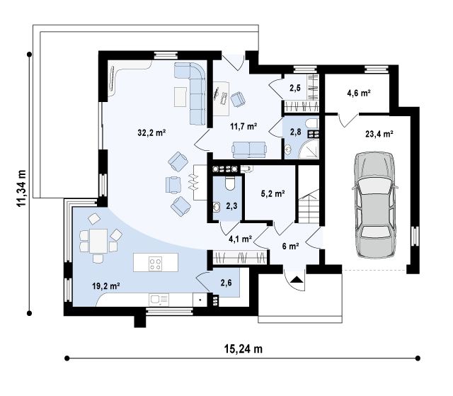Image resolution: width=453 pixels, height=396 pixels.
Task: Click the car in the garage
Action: click(x=374, y=205)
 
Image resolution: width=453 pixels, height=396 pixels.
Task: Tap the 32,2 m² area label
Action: click(x=151, y=132)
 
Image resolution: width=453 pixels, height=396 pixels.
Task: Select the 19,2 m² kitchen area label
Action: click(x=106, y=286)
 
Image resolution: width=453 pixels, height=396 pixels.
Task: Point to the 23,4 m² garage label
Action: click(x=379, y=134)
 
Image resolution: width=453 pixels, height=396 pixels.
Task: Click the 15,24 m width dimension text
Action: click(x=243, y=349)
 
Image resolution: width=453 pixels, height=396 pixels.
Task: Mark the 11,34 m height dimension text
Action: click(x=22, y=188)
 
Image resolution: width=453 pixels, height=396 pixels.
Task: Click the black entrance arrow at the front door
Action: click(x=297, y=280)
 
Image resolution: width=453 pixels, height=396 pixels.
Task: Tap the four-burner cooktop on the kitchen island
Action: click(x=156, y=264)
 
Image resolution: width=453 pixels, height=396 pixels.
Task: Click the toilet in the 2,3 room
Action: click(x=229, y=183)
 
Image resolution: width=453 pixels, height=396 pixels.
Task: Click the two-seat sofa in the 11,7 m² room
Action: click(x=249, y=149)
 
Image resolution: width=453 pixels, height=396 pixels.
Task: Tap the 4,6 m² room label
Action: click(x=359, y=93)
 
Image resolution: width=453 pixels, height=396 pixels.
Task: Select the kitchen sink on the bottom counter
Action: click(x=159, y=300)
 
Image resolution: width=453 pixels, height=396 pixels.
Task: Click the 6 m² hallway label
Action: click(x=290, y=247)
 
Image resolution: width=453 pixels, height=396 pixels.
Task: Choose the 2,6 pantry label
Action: click(x=226, y=283)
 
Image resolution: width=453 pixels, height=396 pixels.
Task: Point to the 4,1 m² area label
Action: click(x=241, y=239)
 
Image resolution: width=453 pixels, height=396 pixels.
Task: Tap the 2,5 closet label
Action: click(x=295, y=88)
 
